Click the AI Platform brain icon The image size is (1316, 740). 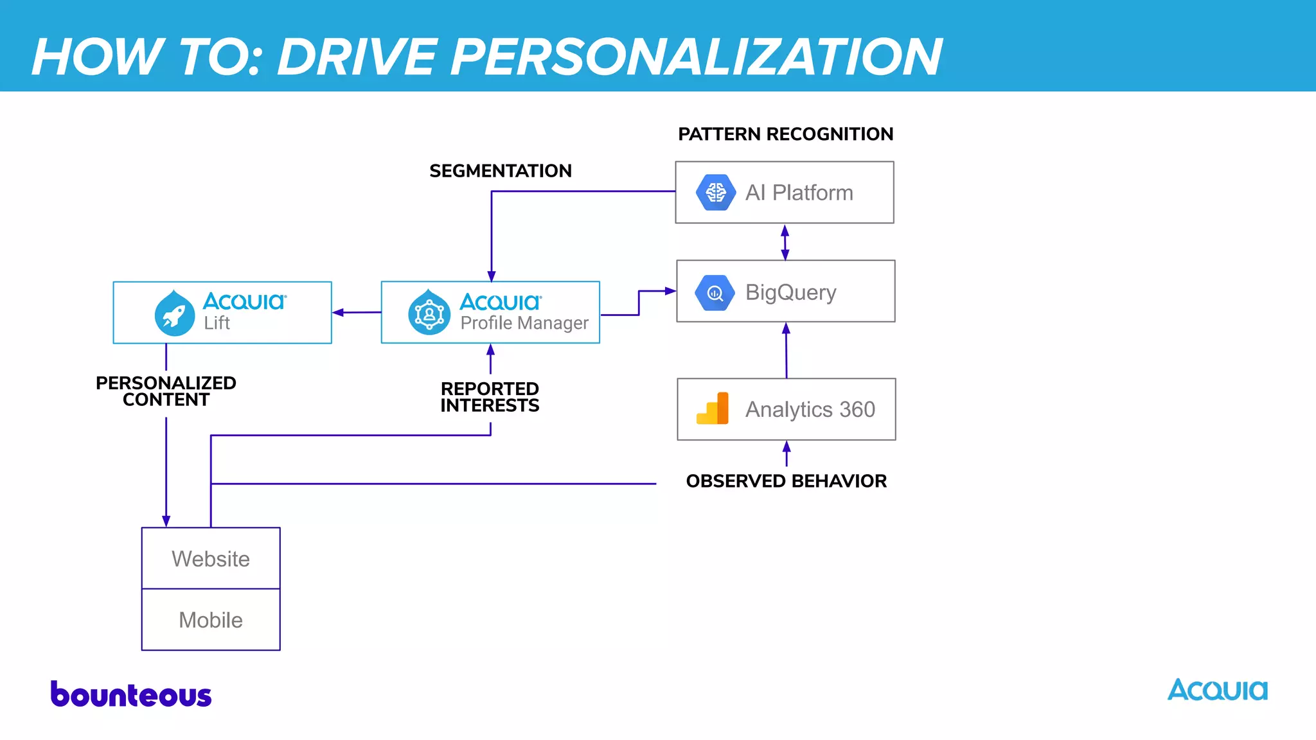[715, 192]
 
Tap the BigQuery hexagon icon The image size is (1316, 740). [715, 293]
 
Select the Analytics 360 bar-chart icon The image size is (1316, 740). [713, 409]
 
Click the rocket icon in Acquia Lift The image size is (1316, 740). [174, 313]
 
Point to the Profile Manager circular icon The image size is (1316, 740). [429, 313]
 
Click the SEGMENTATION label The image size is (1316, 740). [500, 171]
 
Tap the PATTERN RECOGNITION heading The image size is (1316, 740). [785, 134]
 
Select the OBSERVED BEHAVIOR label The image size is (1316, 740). [786, 481]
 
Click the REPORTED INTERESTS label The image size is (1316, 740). [490, 397]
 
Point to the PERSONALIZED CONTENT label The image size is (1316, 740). [166, 391]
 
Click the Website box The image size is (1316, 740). [211, 558]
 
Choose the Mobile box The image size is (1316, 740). [211, 620]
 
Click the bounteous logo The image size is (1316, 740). [131, 695]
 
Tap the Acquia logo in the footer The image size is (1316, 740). [1217, 691]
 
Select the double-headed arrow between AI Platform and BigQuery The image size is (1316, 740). [785, 242]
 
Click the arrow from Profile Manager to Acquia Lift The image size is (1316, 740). [356, 313]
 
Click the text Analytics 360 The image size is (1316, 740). [810, 409]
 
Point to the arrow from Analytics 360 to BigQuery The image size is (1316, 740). [786, 350]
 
